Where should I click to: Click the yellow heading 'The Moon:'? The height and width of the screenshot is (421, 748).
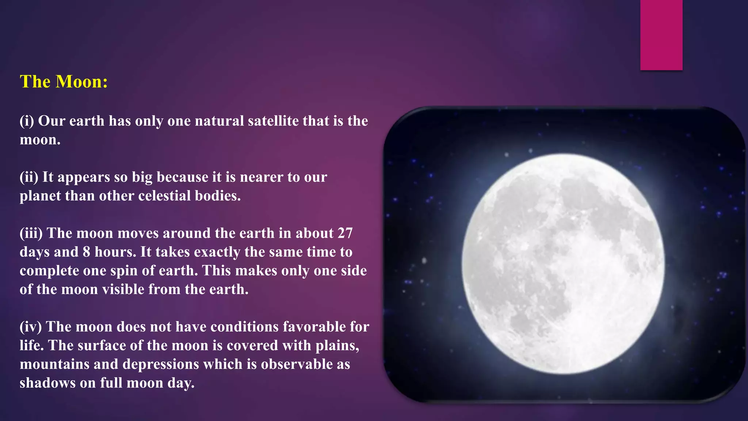pos(64,81)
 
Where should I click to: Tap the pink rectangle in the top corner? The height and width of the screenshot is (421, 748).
pos(661,35)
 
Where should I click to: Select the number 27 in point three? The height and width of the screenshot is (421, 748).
pos(345,233)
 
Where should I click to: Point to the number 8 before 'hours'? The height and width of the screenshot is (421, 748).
pos(86,252)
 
